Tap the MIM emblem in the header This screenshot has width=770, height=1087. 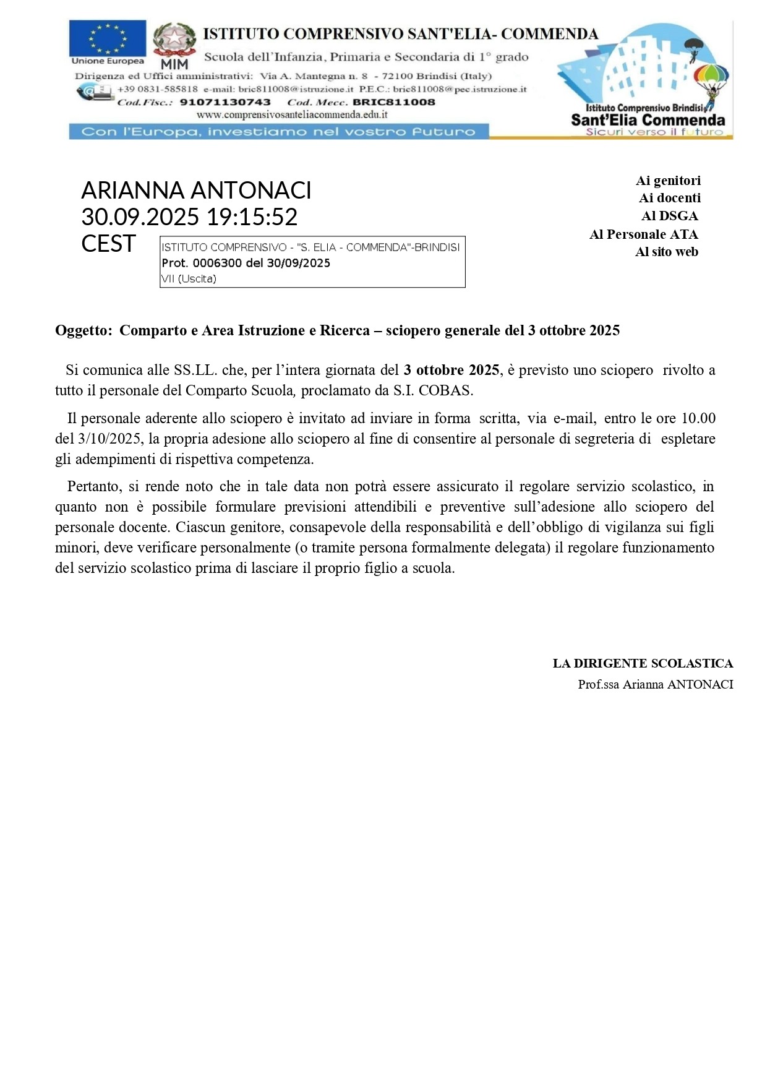[x=174, y=45]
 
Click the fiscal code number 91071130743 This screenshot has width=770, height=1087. [x=225, y=103]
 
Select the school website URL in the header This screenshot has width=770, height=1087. [x=292, y=114]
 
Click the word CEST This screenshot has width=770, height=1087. [x=108, y=244]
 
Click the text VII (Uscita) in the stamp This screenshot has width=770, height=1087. [x=189, y=279]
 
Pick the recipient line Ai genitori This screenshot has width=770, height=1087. [x=668, y=181]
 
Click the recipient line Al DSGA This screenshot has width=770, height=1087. [x=669, y=216]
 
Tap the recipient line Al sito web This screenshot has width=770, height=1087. [x=666, y=252]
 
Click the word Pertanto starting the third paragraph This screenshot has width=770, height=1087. [x=93, y=486]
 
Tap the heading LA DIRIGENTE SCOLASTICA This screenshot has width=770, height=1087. [x=643, y=664]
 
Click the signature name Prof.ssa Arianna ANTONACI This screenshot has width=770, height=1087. [x=655, y=684]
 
